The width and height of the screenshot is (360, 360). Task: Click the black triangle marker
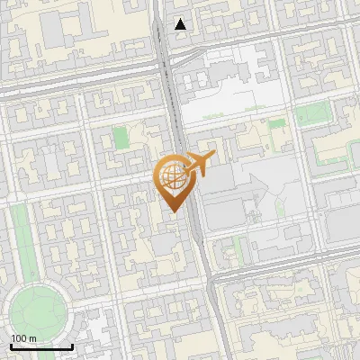coord(181,24)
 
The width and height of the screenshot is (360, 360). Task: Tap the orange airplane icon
coord(196,166)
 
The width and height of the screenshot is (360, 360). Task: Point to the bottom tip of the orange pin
coord(175,213)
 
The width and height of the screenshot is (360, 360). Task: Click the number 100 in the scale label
coord(19,338)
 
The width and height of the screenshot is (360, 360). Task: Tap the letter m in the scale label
coord(33,338)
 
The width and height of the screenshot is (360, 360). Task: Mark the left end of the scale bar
coord(10,346)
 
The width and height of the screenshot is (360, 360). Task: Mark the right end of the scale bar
coord(72,346)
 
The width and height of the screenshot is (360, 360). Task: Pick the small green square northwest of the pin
coord(120,140)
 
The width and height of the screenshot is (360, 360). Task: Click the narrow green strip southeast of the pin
coord(238,248)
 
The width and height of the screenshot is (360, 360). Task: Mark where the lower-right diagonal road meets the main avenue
coord(212,279)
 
